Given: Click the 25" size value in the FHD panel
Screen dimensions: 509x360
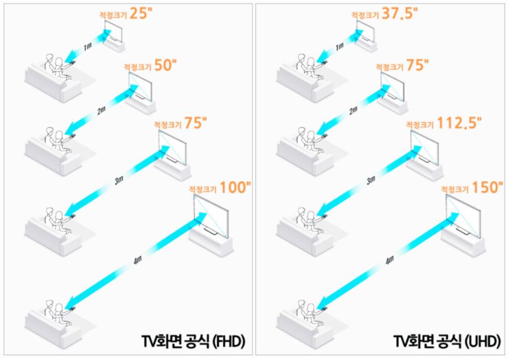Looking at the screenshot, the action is [141, 14].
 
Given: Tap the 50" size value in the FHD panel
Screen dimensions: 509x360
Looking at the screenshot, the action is [165, 65].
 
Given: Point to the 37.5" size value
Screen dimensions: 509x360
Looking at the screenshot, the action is [399, 14].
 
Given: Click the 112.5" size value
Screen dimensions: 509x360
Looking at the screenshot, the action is [459, 123].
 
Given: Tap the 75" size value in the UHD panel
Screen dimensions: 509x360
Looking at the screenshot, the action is [417, 65].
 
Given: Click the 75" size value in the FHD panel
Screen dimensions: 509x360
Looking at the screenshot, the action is [195, 123].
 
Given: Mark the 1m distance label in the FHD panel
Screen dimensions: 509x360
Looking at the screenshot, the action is [87, 47].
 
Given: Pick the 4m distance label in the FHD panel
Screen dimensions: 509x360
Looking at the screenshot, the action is [138, 260].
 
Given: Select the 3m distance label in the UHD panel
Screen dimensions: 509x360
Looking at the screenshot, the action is [371, 180].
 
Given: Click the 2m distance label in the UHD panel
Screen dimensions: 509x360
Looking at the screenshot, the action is [353, 111].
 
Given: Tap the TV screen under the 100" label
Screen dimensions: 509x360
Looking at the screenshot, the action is [211, 215].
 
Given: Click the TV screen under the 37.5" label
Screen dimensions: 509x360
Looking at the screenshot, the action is [365, 31].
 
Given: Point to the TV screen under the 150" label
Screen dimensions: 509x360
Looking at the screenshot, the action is [463, 215].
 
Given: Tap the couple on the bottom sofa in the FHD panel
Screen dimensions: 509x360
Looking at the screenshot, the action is [58, 312].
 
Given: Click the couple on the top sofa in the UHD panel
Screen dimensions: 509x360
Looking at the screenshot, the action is [310, 67].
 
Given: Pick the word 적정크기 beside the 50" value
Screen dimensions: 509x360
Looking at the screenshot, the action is [138, 67].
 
